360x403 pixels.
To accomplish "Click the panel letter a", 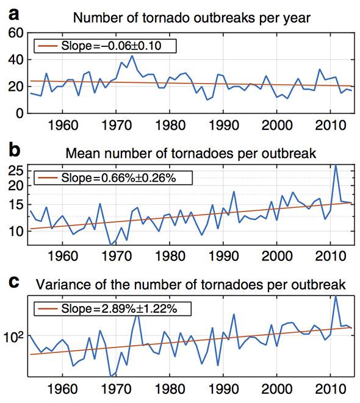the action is [13, 15].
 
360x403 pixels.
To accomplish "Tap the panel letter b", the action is [14, 150].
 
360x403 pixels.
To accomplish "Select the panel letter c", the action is [13, 282].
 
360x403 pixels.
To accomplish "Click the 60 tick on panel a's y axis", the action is [16, 33].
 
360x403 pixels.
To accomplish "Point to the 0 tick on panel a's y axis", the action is [20, 113].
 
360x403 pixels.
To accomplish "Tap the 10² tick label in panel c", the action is [13, 337].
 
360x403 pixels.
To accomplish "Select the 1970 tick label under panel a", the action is [117, 126].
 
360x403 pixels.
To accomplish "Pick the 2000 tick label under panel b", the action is [277, 256].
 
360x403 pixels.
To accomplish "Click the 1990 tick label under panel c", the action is [223, 389].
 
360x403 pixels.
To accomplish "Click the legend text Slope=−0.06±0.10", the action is [111, 46].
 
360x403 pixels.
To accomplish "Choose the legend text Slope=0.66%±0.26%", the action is [118, 177].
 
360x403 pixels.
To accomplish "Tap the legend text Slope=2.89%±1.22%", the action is [119, 308].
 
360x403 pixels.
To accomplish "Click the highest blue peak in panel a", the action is [132, 55].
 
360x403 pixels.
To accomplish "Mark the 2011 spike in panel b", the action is [336, 165].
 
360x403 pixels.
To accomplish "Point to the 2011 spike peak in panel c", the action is [336, 296].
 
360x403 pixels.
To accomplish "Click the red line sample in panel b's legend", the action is [48, 177].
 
